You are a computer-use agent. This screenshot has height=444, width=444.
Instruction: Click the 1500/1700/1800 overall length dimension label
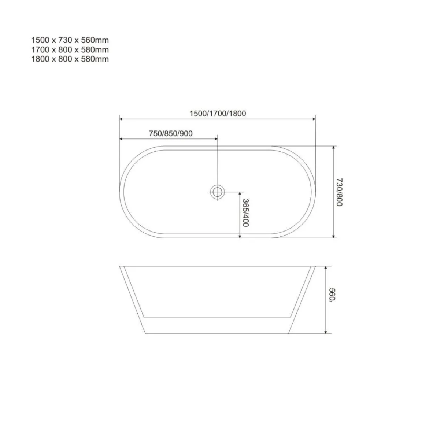pos(218,113)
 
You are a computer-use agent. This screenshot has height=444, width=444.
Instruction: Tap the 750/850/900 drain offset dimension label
pos(171,134)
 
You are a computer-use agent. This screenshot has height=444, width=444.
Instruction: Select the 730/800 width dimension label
pos(339,192)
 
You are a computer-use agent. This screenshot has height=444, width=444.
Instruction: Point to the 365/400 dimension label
pos(246,213)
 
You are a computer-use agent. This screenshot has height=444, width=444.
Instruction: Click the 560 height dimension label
pos(332,295)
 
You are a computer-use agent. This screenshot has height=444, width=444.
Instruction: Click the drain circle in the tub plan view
pos(217,191)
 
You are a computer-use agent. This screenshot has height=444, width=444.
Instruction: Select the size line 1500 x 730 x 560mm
pos(70,40)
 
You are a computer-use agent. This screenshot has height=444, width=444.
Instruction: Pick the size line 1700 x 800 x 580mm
pos(70,50)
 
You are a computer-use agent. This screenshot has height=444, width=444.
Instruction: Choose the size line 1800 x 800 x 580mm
pos(70,59)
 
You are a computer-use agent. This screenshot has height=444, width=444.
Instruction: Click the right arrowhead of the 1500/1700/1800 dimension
pos(313,119)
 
